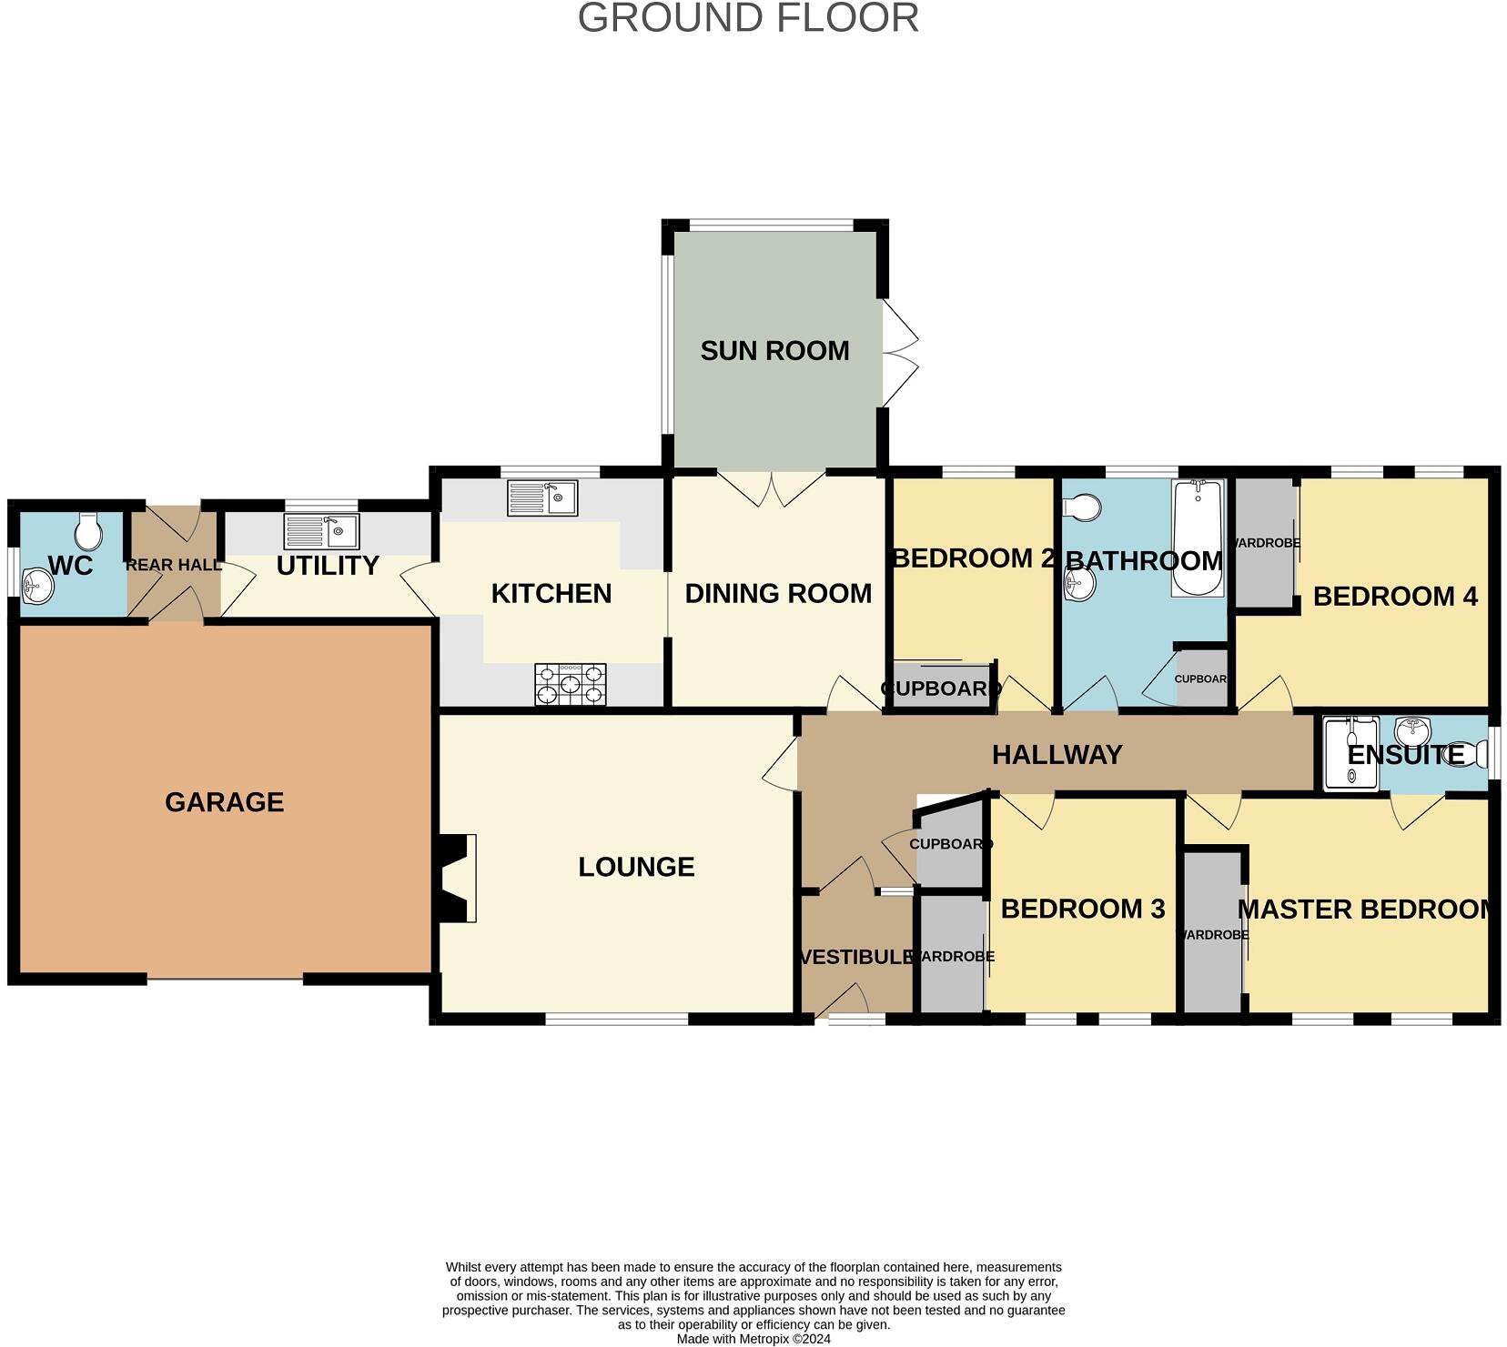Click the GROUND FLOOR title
[748, 18]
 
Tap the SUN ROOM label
[774, 351]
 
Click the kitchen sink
[542, 498]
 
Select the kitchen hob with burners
[571, 684]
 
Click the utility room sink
[321, 530]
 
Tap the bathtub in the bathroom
[1198, 538]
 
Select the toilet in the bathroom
[1083, 508]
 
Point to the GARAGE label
[225, 802]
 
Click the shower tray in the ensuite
[1351, 753]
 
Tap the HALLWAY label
[1057, 755]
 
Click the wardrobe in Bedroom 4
[1264, 543]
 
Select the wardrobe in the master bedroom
[1212, 933]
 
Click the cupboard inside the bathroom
[1202, 679]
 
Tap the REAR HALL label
[173, 565]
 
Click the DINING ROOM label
[778, 594]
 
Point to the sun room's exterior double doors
[899, 353]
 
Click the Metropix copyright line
[753, 1339]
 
